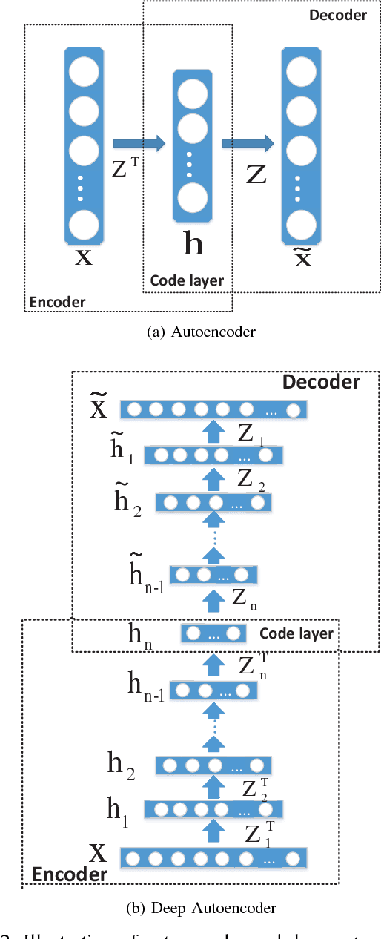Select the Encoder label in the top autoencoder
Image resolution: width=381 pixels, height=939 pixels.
pyautogui.click(x=57, y=301)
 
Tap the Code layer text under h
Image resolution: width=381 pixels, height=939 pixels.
pyautogui.click(x=187, y=280)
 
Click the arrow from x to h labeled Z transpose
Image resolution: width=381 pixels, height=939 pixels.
pyautogui.click(x=139, y=143)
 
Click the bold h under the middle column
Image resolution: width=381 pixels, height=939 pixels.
pyautogui.click(x=193, y=244)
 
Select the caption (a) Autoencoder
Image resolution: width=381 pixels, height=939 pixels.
pyautogui.click(x=202, y=332)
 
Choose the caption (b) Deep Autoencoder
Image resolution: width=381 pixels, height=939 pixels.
pyautogui.click(x=202, y=908)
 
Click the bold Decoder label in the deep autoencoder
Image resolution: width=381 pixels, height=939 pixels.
pyautogui.click(x=320, y=382)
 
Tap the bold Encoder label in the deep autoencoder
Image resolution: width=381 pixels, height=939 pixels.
pyautogui.click(x=69, y=874)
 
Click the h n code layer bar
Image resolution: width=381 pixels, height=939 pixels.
pyautogui.click(x=213, y=634)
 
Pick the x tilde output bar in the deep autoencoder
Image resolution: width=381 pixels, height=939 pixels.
pyautogui.click(x=213, y=409)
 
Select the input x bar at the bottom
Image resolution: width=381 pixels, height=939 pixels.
pyautogui.click(x=213, y=859)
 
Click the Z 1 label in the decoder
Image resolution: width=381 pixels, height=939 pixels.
pyautogui.click(x=250, y=433)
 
